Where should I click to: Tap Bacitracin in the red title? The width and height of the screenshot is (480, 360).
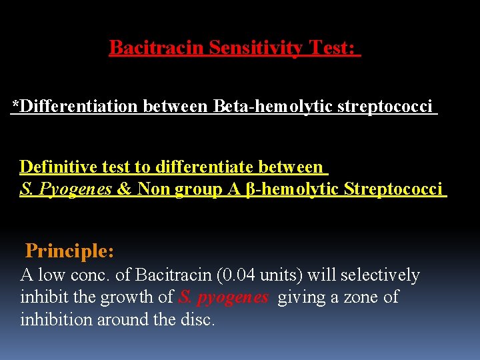tap(157, 48)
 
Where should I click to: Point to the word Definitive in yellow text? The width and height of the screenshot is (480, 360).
tap(55, 166)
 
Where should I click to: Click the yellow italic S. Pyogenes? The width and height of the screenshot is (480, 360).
tap(66, 189)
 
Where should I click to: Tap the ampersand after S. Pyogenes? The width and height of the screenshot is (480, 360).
tap(124, 189)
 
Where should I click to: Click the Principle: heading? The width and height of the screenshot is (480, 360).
tap(69, 251)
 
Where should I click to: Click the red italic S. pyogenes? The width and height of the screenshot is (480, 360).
tap(223, 297)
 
